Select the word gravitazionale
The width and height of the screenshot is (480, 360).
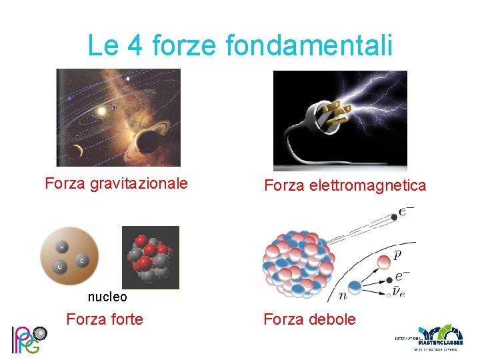tap(142, 183)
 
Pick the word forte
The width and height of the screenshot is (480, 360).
tap(126, 319)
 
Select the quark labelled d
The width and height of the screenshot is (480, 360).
tap(81, 259)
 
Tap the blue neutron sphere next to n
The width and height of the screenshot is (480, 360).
tap(355, 288)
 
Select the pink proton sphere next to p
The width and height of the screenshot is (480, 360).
tap(384, 261)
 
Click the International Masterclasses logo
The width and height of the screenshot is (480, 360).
tap(430, 338)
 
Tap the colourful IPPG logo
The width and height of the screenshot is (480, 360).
tap(28, 338)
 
